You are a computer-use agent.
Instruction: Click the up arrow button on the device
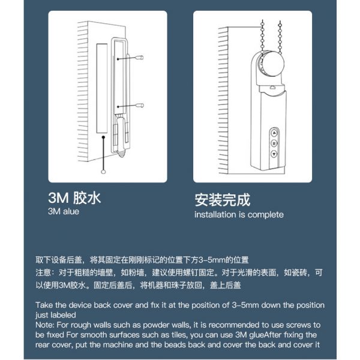(274, 133)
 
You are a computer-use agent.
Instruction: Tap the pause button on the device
(274, 143)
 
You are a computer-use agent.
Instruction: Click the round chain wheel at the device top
(271, 64)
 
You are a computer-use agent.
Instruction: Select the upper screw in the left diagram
(130, 58)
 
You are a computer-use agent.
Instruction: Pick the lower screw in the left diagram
(130, 106)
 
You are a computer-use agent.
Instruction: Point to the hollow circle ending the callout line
(103, 172)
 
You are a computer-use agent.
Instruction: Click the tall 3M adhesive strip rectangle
(102, 88)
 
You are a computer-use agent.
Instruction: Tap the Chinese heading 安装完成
(222, 200)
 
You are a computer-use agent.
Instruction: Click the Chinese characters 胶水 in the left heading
(87, 198)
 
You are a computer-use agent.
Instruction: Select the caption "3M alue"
(64, 211)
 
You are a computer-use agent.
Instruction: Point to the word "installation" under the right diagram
(215, 215)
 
